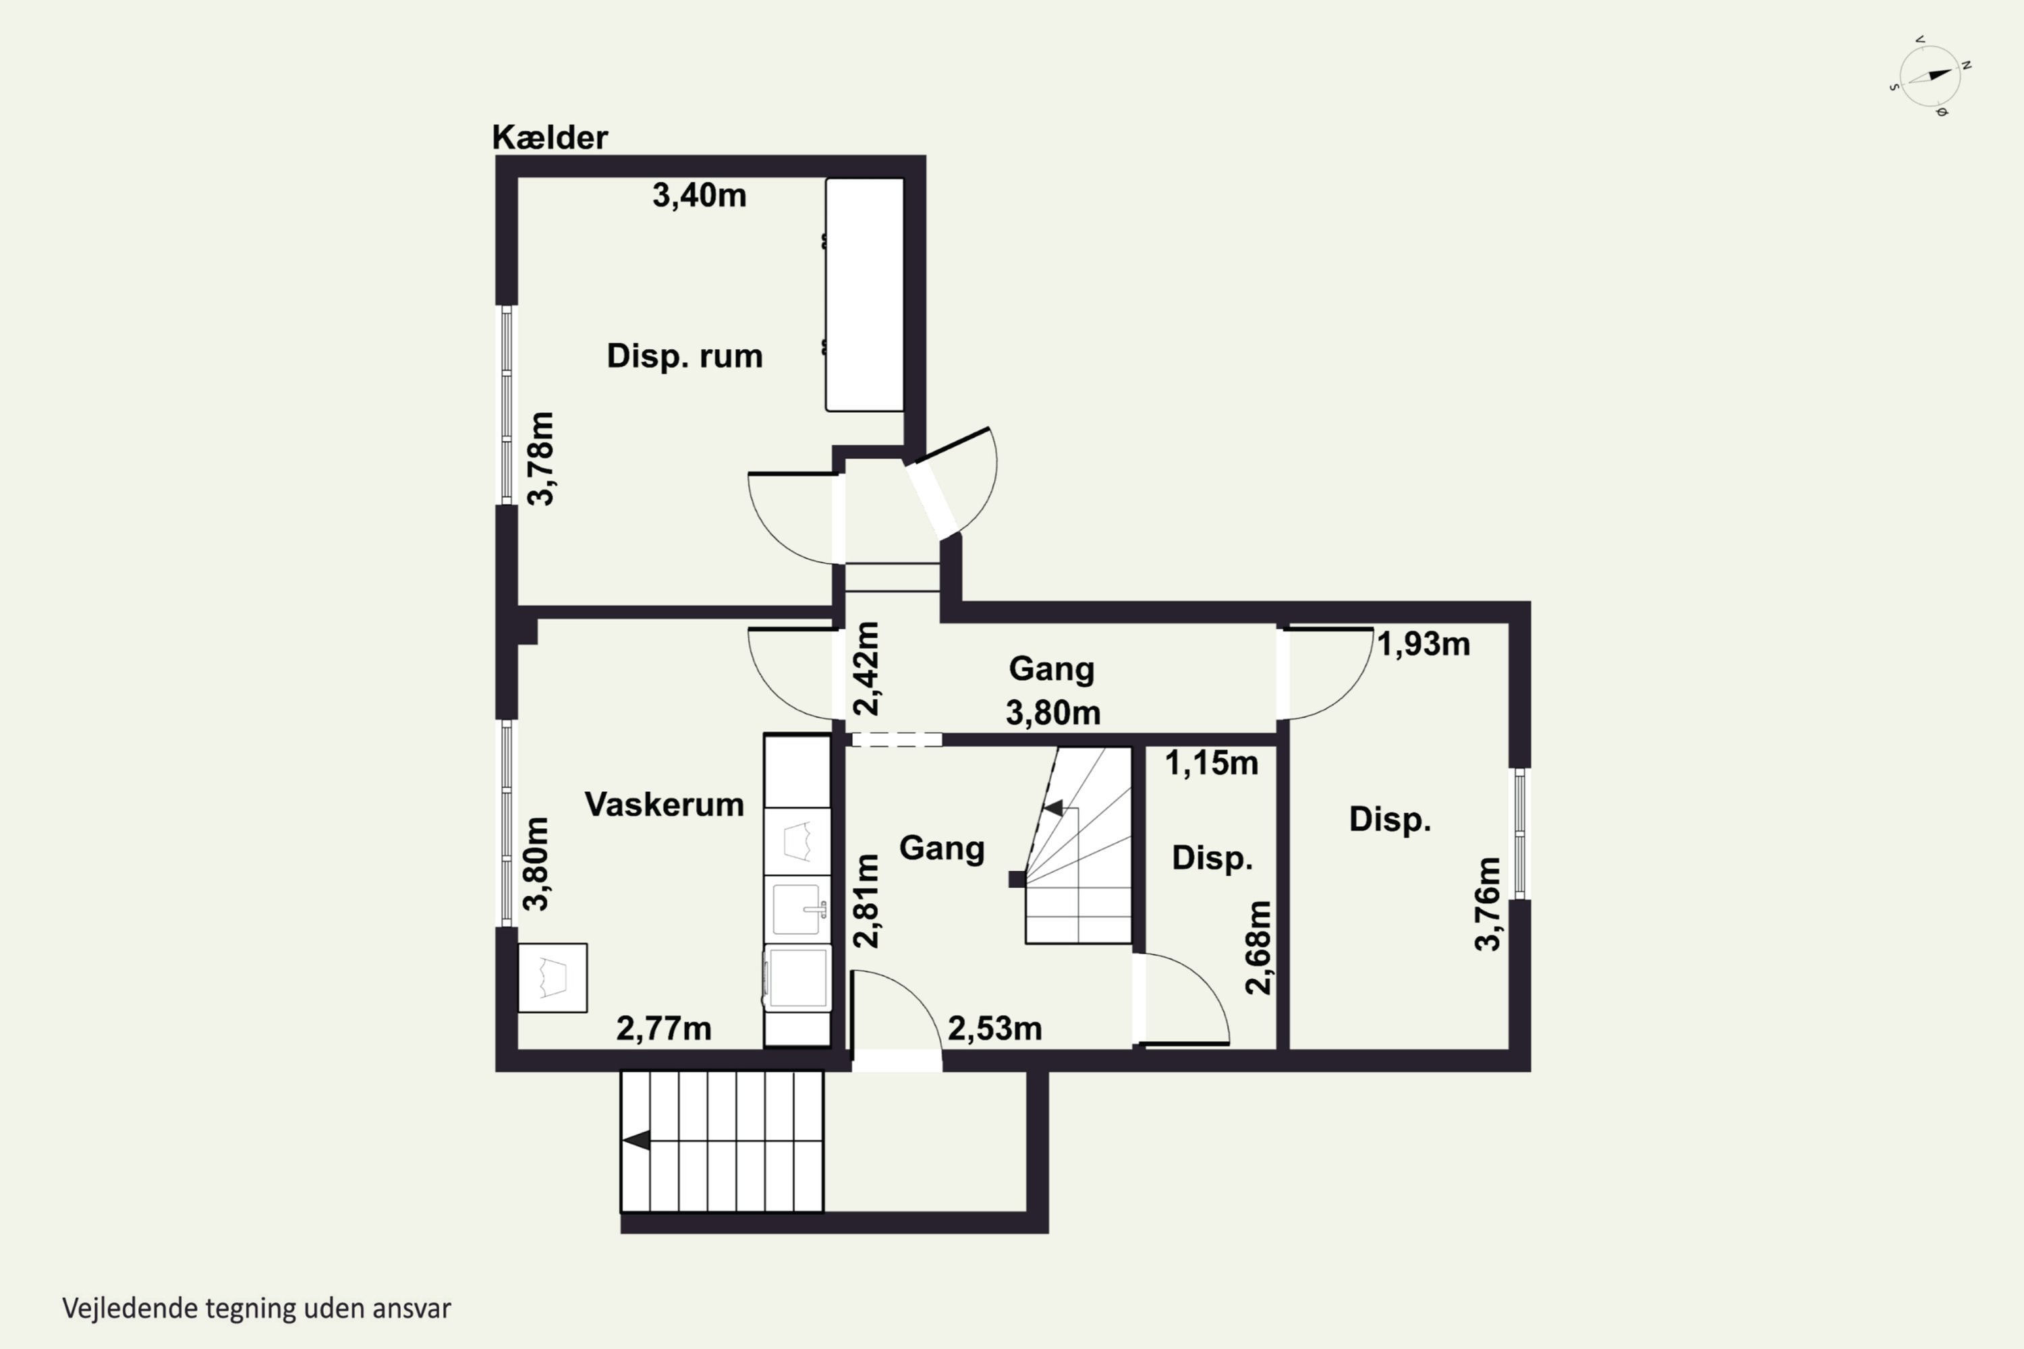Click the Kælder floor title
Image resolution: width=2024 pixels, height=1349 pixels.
click(550, 138)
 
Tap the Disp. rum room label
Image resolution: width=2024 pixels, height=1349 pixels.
click(685, 356)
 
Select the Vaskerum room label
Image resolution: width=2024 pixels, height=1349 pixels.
click(665, 805)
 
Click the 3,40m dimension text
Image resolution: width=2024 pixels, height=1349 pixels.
click(699, 196)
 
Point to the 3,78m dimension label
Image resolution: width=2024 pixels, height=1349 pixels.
click(541, 459)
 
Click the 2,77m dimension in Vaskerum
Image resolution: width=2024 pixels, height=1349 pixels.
click(663, 1029)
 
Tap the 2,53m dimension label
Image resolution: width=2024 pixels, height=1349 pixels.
click(994, 1029)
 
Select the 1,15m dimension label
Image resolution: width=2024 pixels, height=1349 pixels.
click(1212, 763)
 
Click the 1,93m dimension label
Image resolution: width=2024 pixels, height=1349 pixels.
click(1424, 644)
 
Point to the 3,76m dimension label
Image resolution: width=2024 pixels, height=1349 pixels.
click(1488, 905)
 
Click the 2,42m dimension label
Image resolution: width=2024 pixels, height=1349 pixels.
click(868, 668)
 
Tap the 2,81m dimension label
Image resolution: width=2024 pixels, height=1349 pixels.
click(868, 900)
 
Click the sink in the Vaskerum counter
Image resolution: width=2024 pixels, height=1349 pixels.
click(797, 909)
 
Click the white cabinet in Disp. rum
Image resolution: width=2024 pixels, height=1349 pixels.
click(865, 294)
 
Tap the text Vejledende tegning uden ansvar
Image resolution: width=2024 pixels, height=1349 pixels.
click(256, 1309)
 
